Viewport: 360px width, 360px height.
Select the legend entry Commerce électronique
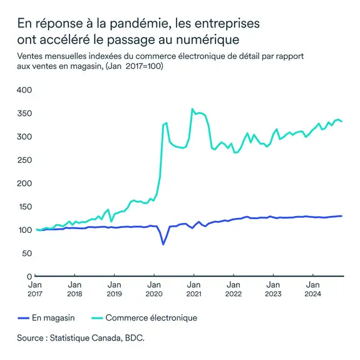151,318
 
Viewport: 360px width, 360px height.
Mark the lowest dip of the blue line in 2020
163,244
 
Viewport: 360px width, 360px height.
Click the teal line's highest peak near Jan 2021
192,109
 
